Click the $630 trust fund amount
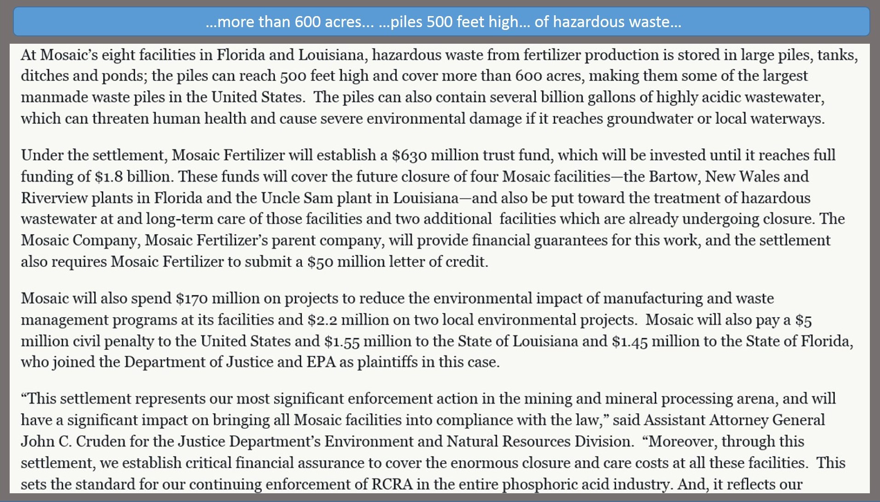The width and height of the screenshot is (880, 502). [x=409, y=156]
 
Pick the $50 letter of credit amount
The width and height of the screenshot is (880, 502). [x=320, y=262]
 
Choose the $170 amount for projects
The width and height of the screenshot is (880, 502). [x=191, y=299]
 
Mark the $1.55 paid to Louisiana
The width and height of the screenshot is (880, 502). [x=342, y=341]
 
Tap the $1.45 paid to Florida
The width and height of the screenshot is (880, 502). [x=630, y=341]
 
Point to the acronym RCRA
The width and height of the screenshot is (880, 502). [x=392, y=485]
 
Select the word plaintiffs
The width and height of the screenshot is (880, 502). [x=387, y=362]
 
